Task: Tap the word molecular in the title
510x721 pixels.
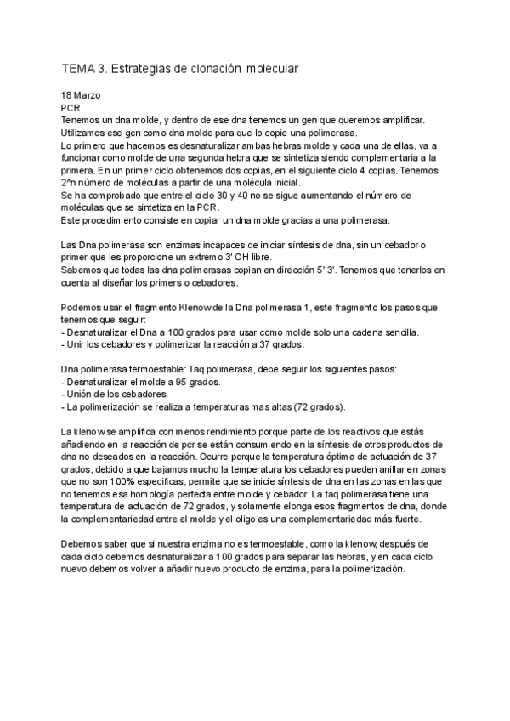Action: tap(272, 67)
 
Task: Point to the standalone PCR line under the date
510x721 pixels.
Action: tap(71, 109)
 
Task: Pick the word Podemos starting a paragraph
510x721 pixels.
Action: tap(84, 307)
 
